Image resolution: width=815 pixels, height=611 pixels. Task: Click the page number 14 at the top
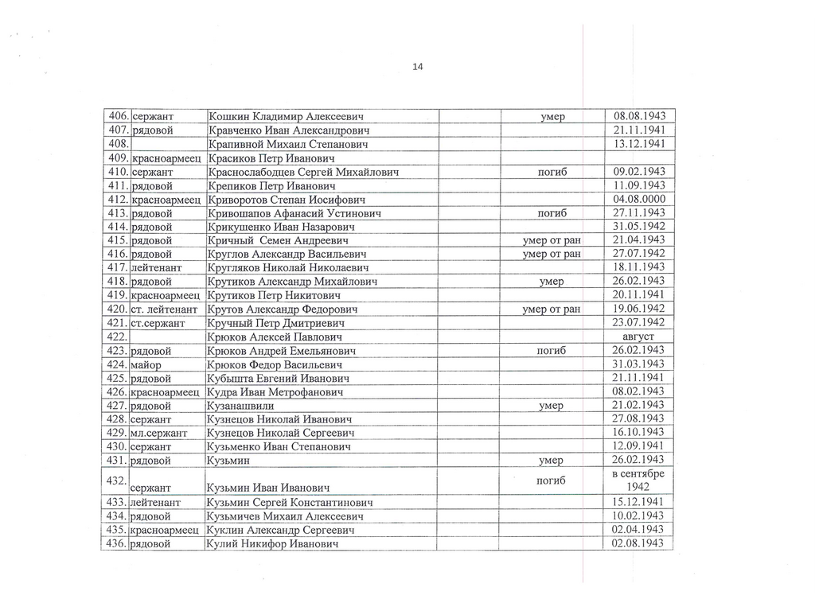pos(418,66)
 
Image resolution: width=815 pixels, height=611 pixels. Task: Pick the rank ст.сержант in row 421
pos(158,323)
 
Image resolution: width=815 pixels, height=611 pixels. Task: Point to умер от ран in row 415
pos(552,240)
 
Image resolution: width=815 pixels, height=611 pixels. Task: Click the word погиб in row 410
pos(552,172)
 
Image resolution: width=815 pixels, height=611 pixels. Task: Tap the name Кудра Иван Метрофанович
pos(275,392)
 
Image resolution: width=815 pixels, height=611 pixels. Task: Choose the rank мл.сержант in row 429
pos(158,433)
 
